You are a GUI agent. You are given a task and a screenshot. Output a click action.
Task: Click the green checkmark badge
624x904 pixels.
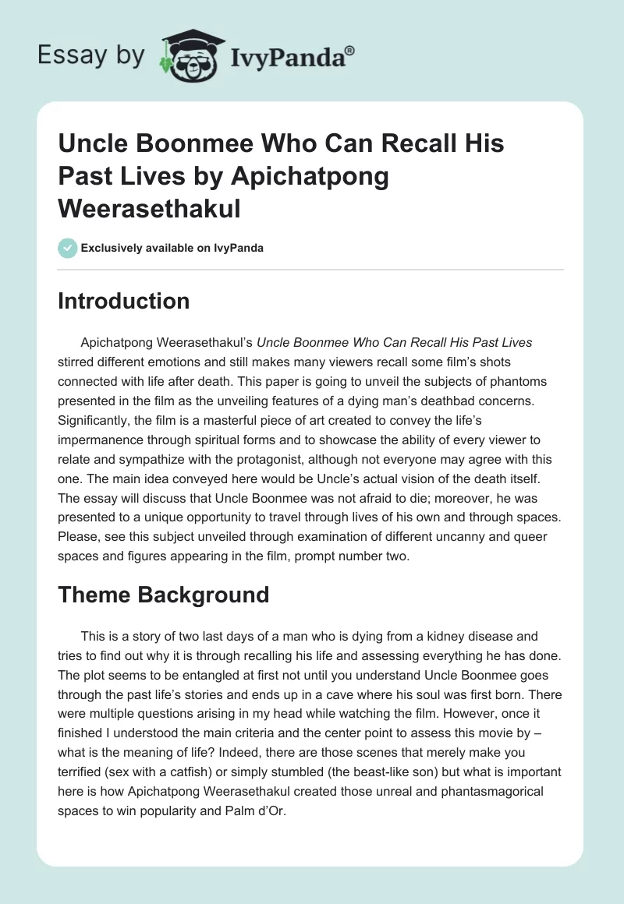tap(67, 249)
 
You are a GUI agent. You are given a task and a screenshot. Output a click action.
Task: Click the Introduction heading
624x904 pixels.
tap(123, 301)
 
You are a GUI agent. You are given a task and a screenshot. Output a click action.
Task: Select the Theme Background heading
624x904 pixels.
tap(163, 595)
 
